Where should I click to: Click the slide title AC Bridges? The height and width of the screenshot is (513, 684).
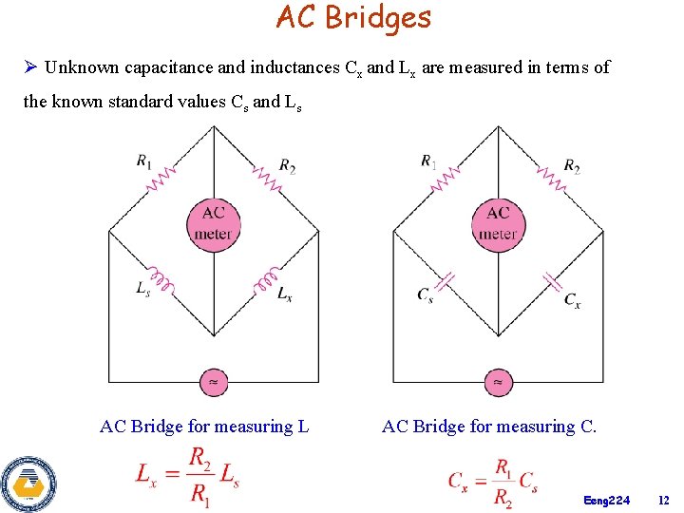(353, 17)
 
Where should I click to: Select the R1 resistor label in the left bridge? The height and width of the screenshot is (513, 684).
(143, 161)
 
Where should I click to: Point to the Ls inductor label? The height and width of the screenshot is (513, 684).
(142, 289)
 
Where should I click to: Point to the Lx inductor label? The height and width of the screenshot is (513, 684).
(285, 293)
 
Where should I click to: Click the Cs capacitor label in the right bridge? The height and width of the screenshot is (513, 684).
(426, 294)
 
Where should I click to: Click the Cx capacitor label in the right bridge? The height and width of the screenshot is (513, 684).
(572, 300)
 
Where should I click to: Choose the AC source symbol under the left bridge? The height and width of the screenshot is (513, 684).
(214, 382)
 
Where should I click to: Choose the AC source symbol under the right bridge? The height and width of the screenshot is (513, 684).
(499, 382)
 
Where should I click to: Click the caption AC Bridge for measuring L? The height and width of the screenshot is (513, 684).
(204, 427)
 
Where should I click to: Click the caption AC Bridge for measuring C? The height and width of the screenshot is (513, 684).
(489, 427)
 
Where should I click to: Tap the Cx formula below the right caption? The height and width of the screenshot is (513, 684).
(494, 482)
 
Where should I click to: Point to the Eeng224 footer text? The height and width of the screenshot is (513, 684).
(607, 500)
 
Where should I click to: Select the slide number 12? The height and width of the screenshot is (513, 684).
(663, 500)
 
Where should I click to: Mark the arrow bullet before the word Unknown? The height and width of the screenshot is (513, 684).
(30, 67)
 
